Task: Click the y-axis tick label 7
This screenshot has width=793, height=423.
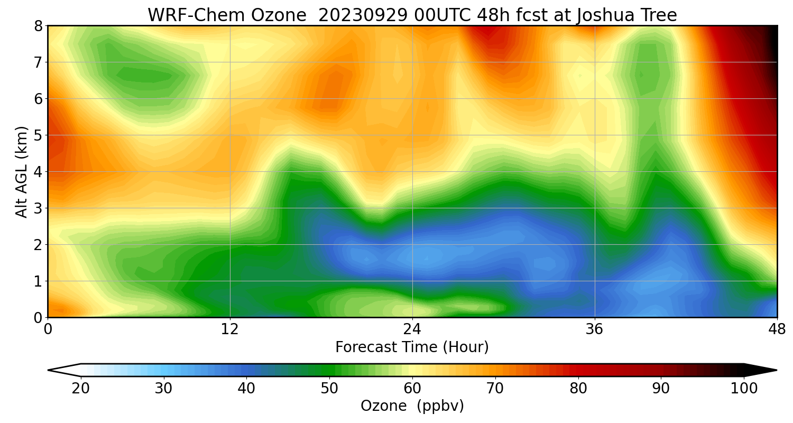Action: pos(38,62)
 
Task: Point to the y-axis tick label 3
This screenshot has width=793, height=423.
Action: pos(38,208)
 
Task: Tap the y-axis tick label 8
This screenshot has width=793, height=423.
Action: pos(38,26)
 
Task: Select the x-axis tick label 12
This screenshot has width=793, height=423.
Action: pos(230,329)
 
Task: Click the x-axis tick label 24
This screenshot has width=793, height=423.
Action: pos(412,329)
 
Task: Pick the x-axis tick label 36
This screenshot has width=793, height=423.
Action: pos(595,329)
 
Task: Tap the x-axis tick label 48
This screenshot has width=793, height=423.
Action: pos(777,329)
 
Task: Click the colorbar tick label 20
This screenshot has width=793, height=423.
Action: pos(81,389)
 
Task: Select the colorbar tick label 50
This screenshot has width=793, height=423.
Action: pos(329,389)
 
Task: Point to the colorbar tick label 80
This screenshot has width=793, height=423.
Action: pos(578,389)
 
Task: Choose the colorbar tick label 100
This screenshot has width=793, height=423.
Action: pos(744,389)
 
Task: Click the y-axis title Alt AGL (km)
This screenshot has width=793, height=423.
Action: pos(22,172)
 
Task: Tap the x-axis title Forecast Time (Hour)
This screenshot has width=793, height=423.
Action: pos(412,347)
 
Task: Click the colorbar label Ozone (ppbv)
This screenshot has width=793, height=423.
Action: pos(412,406)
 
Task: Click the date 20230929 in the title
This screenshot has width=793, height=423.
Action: pos(363,15)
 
